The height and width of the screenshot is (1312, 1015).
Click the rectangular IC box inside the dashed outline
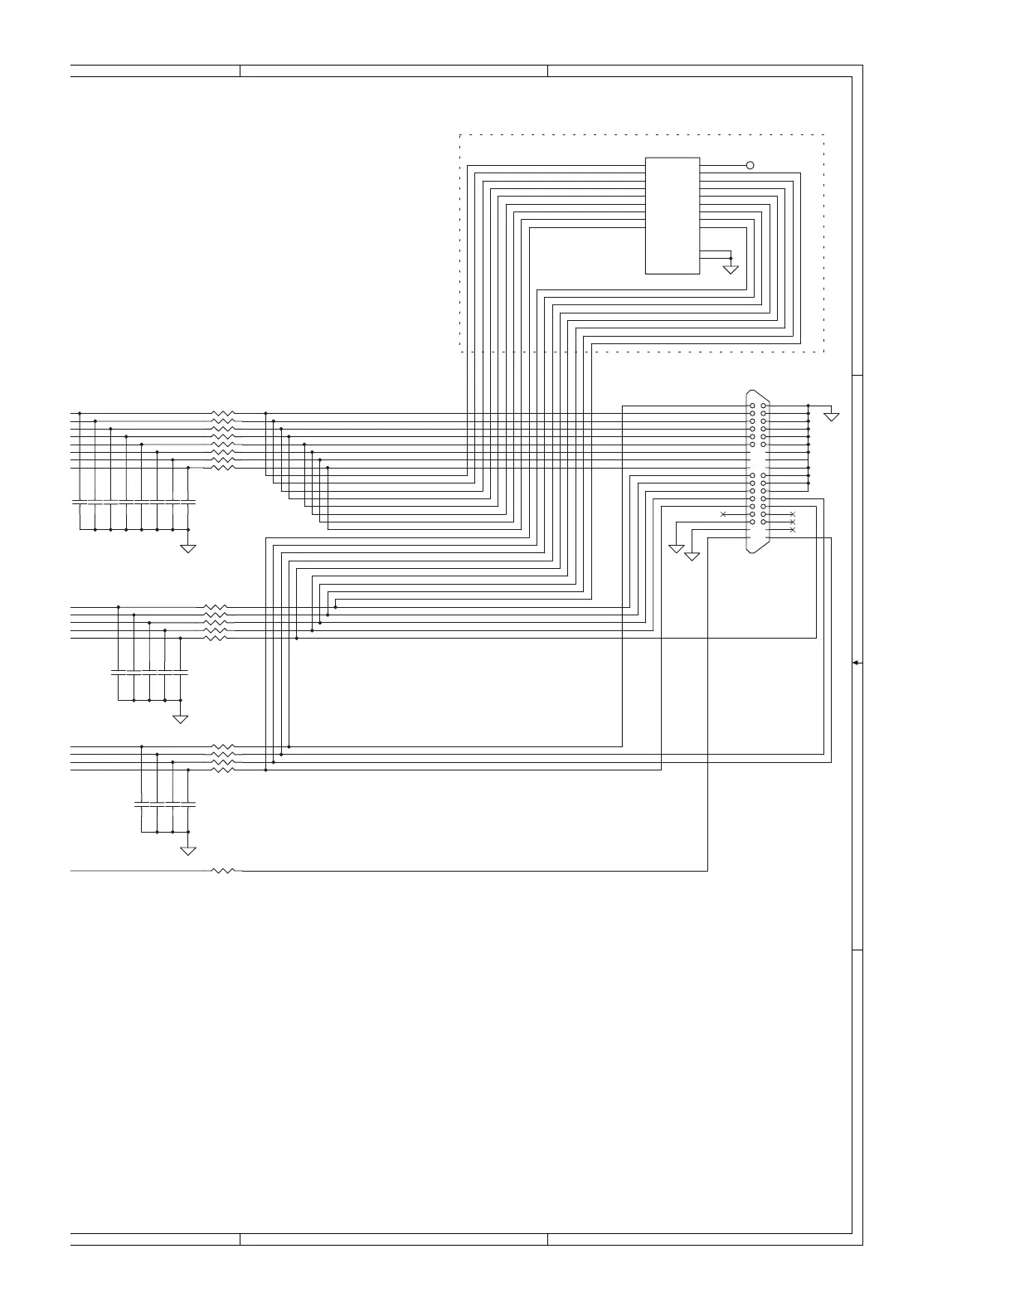(672, 215)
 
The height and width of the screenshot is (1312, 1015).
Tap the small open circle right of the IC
(750, 165)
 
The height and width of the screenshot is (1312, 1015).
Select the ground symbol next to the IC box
(731, 269)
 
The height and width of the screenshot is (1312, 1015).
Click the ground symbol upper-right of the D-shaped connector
(831, 415)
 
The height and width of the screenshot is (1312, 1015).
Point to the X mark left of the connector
(723, 514)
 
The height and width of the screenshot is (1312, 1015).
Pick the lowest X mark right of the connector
(793, 529)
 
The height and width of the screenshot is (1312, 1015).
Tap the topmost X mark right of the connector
(793, 514)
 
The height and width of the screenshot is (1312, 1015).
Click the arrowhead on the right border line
(857, 663)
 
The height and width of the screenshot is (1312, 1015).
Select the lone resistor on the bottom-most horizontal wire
(224, 871)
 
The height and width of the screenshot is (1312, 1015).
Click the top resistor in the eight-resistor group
(224, 413)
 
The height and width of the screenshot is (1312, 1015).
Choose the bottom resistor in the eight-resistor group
(224, 468)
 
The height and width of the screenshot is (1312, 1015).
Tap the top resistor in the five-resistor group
(216, 607)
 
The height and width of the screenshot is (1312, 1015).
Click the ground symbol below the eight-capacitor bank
(188, 548)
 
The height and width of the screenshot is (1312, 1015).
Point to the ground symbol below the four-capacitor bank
(188, 850)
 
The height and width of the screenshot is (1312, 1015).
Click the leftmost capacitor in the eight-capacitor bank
(80, 502)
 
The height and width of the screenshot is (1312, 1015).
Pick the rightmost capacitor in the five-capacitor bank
(180, 670)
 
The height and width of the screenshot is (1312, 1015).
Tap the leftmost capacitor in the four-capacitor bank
(142, 804)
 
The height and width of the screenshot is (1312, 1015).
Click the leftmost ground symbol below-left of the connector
(677, 548)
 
